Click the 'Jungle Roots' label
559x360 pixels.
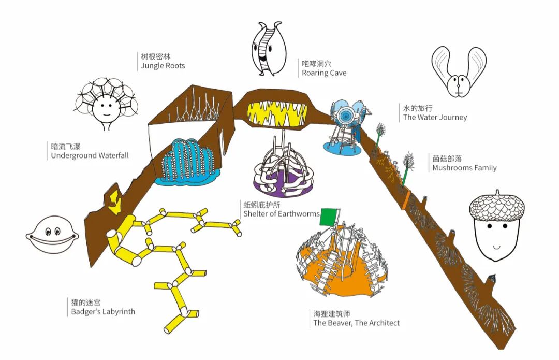point(163,66)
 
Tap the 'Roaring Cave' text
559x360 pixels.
point(324,73)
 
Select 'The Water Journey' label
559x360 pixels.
point(435,117)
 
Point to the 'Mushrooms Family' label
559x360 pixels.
point(464,167)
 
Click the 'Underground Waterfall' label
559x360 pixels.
point(90,155)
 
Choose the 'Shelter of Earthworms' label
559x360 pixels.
point(282,214)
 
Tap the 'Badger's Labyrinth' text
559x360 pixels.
point(103,311)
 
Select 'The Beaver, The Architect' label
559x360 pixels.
point(356,323)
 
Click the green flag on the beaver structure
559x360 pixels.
point(328,217)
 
